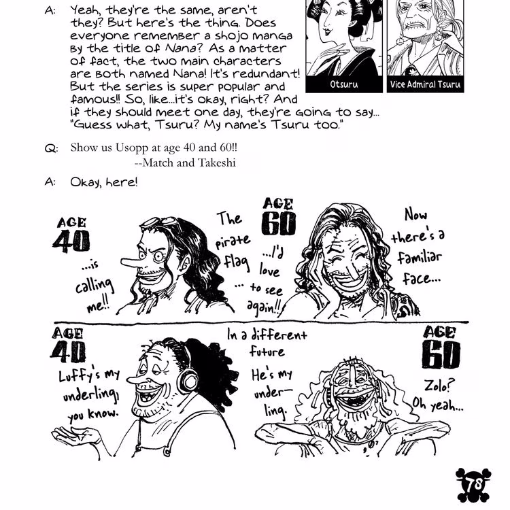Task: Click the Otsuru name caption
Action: [x=343, y=85]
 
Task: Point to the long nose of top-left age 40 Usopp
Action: [x=133, y=262]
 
